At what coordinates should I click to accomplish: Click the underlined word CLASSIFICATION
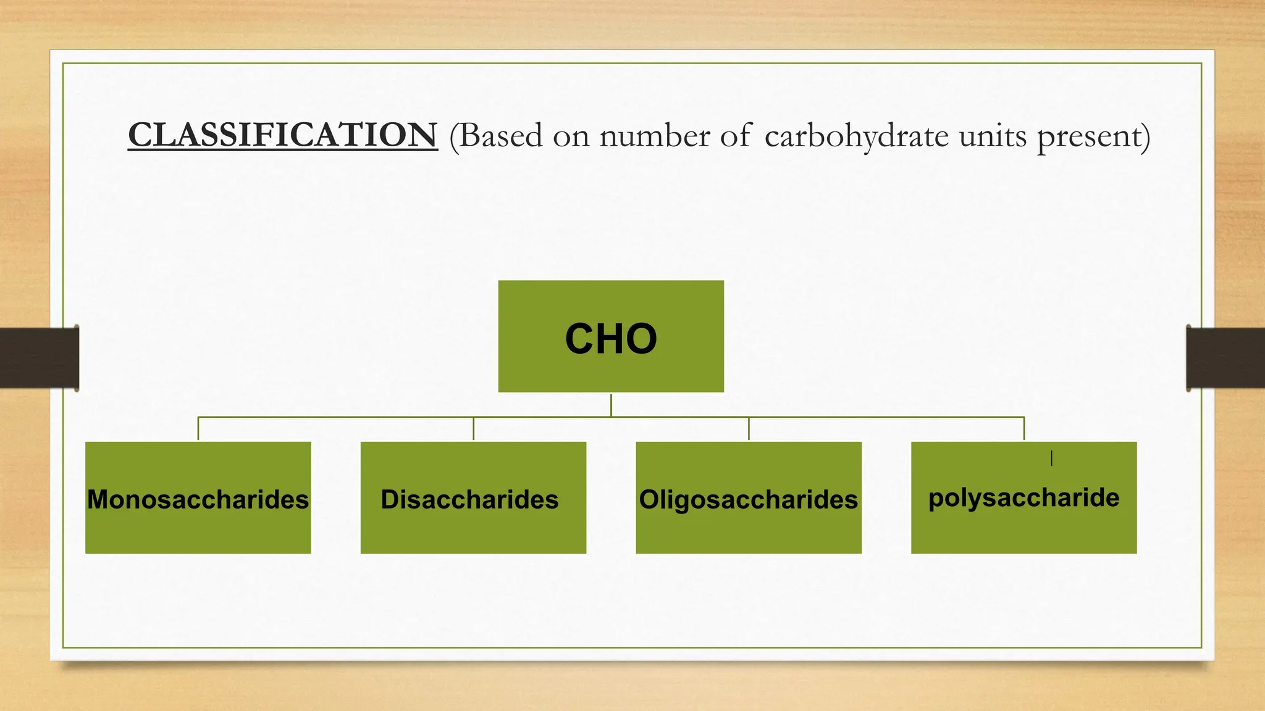click(283, 135)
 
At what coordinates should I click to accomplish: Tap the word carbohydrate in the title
click(856, 136)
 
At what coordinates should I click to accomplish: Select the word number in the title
click(655, 136)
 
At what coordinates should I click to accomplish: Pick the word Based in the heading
click(500, 136)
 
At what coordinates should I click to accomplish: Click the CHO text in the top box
click(611, 338)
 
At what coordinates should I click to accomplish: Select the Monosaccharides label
click(198, 499)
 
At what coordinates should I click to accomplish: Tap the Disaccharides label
click(469, 499)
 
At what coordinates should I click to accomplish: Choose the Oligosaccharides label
click(748, 499)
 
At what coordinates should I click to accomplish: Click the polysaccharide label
click(1023, 497)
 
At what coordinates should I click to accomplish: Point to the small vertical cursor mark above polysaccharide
click(1051, 458)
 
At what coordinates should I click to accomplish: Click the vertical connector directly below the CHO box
click(611, 405)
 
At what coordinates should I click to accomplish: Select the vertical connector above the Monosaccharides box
click(198, 429)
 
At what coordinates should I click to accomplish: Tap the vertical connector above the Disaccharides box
click(474, 429)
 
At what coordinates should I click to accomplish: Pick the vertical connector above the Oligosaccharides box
click(749, 429)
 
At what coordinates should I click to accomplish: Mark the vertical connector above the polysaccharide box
click(1024, 429)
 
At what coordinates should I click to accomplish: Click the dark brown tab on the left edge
click(39, 358)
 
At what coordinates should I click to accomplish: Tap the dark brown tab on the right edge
click(1225, 358)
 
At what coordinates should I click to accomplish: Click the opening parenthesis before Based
click(454, 136)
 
